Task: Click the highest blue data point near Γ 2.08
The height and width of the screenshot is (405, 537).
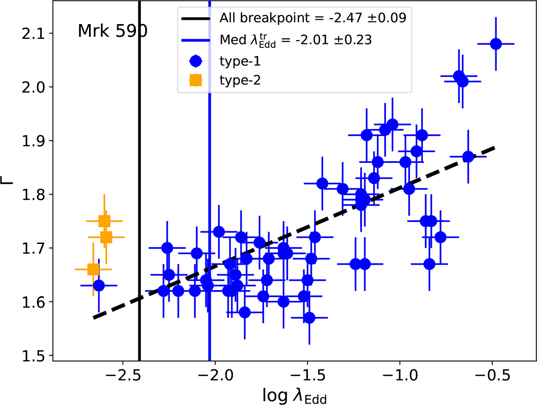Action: tap(496, 44)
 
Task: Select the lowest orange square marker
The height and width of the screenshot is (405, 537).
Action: tap(93, 269)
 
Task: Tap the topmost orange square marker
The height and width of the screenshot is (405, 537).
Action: tap(104, 221)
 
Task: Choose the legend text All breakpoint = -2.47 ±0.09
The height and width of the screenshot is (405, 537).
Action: tap(313, 18)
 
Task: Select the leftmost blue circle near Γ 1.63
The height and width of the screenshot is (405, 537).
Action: tap(99, 285)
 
